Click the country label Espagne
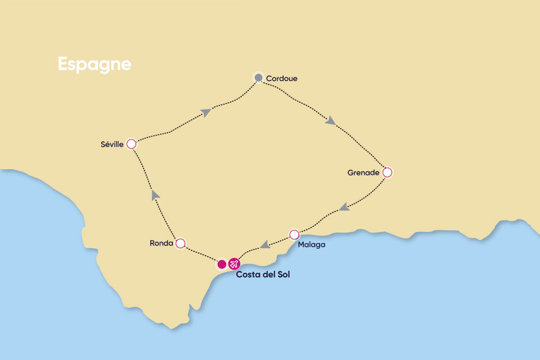coord(94,64)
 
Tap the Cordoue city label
coord(282,79)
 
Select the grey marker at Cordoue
coord(258,78)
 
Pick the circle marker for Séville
coord(131,144)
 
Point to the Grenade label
coord(363,172)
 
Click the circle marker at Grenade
coord(387,172)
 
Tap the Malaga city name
coord(311,245)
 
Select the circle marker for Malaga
coord(294,235)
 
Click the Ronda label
coord(161,244)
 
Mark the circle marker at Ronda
coord(180,243)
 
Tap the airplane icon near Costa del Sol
coord(234,264)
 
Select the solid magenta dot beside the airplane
coord(222,264)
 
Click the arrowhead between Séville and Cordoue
coord(206,112)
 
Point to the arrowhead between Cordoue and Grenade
coord(331,121)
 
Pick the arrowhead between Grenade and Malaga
coord(344,207)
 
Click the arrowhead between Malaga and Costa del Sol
coord(265,244)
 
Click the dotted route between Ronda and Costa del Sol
coord(200,254)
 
